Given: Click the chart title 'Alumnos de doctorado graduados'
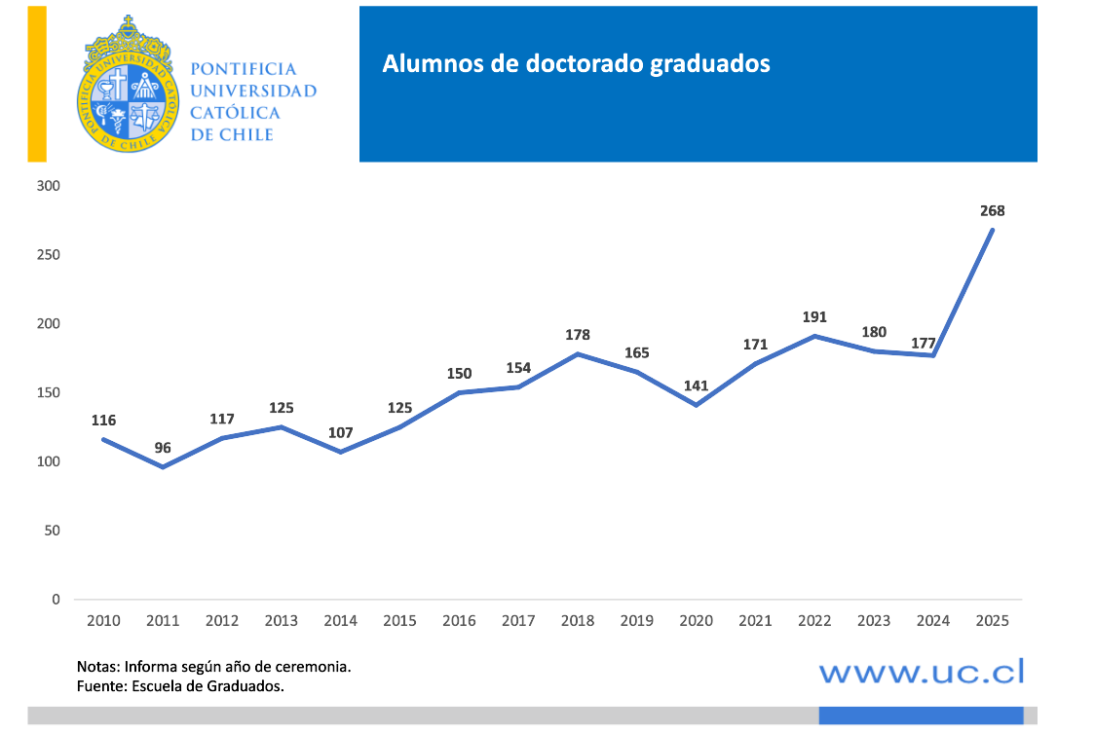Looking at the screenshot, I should [x=576, y=64].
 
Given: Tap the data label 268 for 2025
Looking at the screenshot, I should [x=992, y=210].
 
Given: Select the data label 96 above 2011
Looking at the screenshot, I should [x=163, y=448].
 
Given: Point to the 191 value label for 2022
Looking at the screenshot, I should [x=813, y=317].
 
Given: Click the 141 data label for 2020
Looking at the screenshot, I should [x=696, y=385].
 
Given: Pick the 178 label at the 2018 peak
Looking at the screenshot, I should [x=578, y=335].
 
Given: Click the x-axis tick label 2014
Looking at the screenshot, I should [x=341, y=620].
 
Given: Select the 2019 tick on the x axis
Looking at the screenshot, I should [x=637, y=620].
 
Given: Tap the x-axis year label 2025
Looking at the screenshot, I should [x=992, y=620].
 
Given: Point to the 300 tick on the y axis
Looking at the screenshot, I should [x=49, y=186].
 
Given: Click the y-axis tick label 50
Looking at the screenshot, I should [x=53, y=531].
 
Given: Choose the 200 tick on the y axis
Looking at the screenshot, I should [x=49, y=324].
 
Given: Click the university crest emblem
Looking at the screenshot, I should [x=129, y=85].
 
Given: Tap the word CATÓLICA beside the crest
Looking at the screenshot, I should [x=235, y=113].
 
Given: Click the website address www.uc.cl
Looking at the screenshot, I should [x=922, y=671].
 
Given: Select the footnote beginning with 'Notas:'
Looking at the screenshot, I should [x=214, y=668].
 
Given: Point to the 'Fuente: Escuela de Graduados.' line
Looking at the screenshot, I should [x=180, y=686].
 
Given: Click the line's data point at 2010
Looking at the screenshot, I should [x=104, y=440].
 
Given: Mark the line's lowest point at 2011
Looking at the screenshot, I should [x=163, y=467].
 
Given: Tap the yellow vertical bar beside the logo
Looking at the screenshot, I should [x=37, y=83].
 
